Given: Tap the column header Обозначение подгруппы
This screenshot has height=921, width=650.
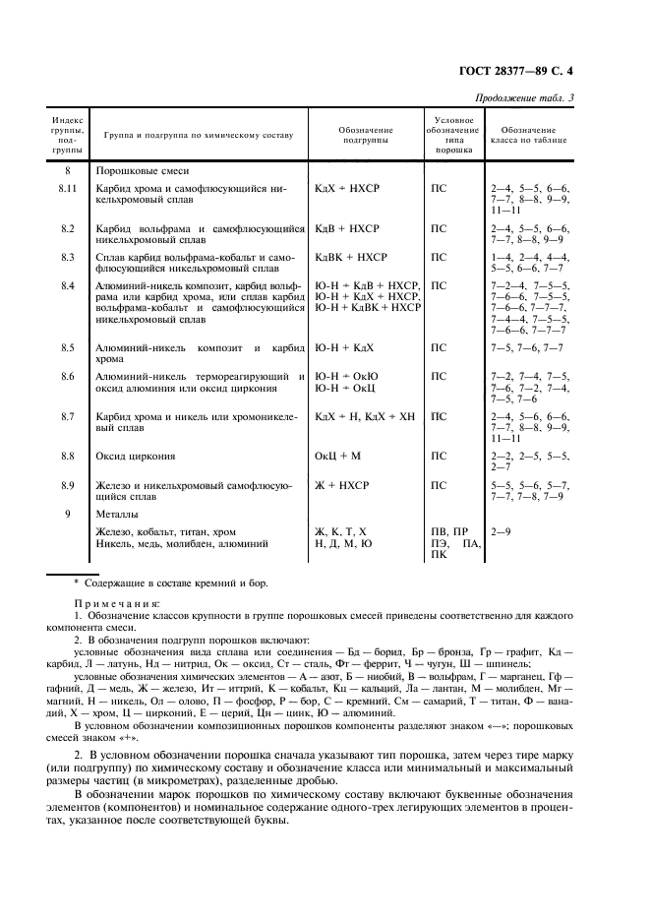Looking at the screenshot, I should tap(366, 136).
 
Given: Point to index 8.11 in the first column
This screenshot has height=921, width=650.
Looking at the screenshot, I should tap(67, 186).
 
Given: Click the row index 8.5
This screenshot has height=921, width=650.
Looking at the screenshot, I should tap(67, 348).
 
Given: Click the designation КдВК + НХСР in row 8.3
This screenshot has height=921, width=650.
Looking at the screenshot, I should tap(351, 257).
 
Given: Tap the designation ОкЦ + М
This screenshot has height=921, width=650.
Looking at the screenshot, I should tap(338, 456).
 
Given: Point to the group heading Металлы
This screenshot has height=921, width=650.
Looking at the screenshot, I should tap(117, 514).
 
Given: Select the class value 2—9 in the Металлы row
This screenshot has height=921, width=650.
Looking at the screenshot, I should tap(501, 531).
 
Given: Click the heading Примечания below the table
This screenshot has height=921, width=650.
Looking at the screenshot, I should tap(118, 602).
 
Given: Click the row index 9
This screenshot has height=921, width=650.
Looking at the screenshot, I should tap(67, 514).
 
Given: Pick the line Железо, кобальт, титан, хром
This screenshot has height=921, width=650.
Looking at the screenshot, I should tap(165, 531).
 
